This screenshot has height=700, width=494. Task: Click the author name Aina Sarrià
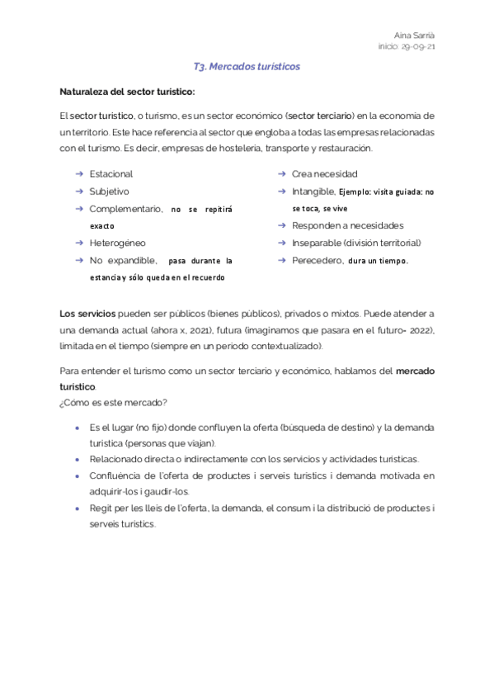[416, 35]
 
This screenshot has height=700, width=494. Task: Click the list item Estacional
[111, 174]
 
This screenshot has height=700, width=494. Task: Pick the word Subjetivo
[109, 192]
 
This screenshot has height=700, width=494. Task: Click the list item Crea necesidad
[324, 174]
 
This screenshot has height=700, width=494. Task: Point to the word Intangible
[313, 192]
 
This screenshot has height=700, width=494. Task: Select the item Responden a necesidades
[347, 225]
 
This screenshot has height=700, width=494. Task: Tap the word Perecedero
[317, 260]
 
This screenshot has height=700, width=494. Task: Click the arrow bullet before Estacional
[78, 174]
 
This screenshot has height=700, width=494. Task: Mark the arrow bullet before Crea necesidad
[281, 174]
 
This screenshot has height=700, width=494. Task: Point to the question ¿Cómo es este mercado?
[114, 402]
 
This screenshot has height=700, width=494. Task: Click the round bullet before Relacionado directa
[77, 459]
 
